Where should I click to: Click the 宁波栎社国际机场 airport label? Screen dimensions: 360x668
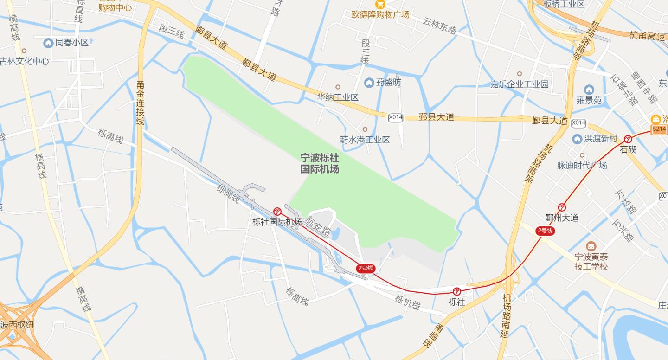[320, 163]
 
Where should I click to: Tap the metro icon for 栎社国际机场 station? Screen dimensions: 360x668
[277, 212]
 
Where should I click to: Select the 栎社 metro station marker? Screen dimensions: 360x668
[457, 291]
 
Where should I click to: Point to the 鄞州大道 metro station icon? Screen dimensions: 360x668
[562, 207]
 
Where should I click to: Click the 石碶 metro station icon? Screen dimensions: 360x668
[628, 139]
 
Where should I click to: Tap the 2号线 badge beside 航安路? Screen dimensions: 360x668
[365, 268]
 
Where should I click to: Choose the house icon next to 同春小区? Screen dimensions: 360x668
[48, 43]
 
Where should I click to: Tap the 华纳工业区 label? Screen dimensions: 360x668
[338, 97]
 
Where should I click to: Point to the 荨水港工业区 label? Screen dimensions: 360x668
[365, 140]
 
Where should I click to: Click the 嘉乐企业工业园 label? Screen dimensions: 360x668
[520, 84]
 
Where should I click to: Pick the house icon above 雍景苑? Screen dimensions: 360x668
[589, 90]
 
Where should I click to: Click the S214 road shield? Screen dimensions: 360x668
[659, 129]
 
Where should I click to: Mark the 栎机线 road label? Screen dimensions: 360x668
[407, 302]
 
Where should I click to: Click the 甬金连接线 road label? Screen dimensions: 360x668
[141, 103]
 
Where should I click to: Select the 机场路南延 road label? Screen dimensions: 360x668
[506, 315]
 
